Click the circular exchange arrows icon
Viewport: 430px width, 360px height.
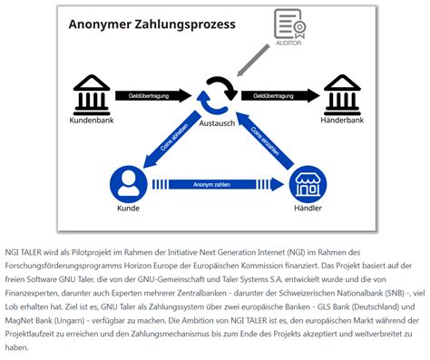click(218, 94)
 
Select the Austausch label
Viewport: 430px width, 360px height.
click(218, 122)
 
